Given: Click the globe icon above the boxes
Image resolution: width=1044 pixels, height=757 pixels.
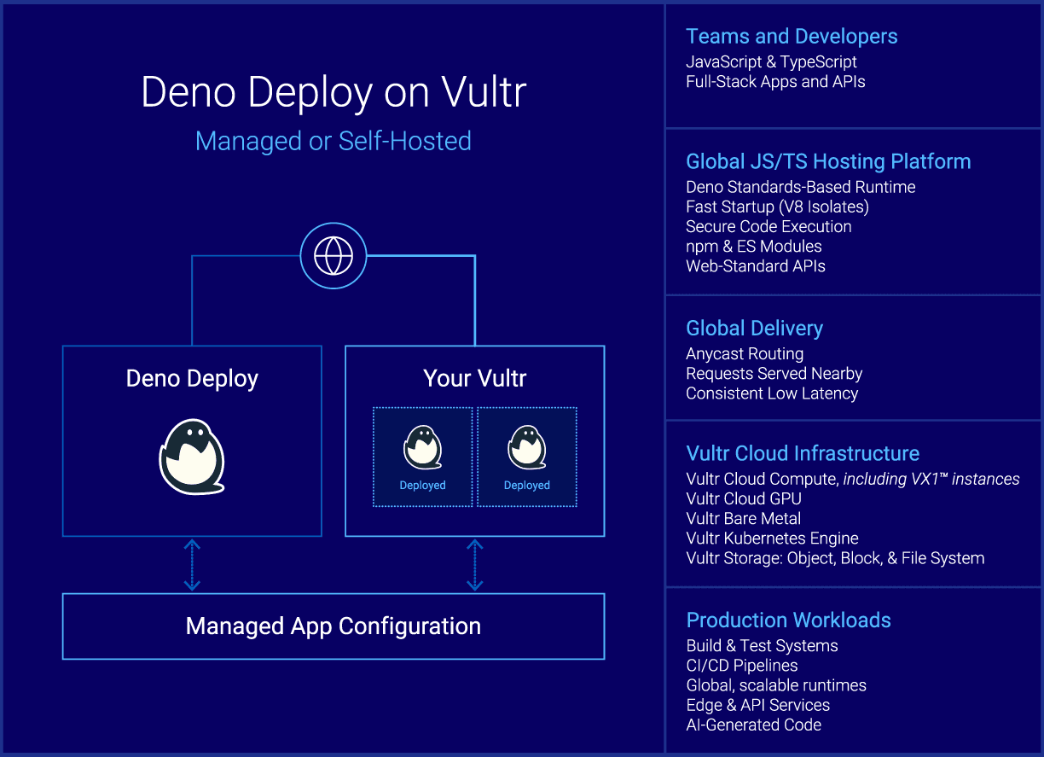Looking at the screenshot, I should coord(333,256).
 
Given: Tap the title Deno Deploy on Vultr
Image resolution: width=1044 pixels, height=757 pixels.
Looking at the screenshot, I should coord(333,92).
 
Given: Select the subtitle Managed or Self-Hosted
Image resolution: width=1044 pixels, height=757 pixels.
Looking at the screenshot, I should coord(333,141).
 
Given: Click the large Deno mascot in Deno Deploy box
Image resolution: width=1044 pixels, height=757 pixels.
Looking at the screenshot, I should coord(192,456).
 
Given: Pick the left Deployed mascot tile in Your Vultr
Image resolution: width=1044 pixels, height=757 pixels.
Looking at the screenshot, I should coord(422,457).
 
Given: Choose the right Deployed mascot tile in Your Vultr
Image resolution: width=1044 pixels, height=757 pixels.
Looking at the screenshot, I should coord(526,457).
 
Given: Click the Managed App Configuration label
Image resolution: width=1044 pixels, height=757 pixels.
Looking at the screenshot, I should coord(333,626).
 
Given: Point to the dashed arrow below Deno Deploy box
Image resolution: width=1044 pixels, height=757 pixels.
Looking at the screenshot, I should coord(192,565).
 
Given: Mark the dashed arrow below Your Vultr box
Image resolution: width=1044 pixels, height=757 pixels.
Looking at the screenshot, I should coord(474,565).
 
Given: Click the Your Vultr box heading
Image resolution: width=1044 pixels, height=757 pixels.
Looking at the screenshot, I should coord(474,379).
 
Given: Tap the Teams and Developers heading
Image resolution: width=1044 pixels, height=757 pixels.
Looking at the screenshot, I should coord(791,37).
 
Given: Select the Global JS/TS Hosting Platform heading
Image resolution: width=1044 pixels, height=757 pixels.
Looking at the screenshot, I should coord(827,162).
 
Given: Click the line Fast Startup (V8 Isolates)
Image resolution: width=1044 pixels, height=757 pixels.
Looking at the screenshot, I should coord(776,207).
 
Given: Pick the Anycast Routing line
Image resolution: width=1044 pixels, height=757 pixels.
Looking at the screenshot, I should coord(744,354).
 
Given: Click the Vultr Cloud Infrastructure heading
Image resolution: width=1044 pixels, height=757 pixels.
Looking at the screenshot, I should coord(802,454).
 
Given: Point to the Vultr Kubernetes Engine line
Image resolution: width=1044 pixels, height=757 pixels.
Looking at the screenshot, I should coord(771,539).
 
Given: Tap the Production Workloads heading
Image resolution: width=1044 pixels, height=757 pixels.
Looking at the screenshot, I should coord(788,620).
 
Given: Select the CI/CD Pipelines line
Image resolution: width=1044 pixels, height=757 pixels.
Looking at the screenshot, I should coord(741,666).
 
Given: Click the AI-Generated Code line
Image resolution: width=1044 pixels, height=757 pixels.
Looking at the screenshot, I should coord(753,725).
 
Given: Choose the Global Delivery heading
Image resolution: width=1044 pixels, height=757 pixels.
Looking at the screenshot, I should coord(754,329).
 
